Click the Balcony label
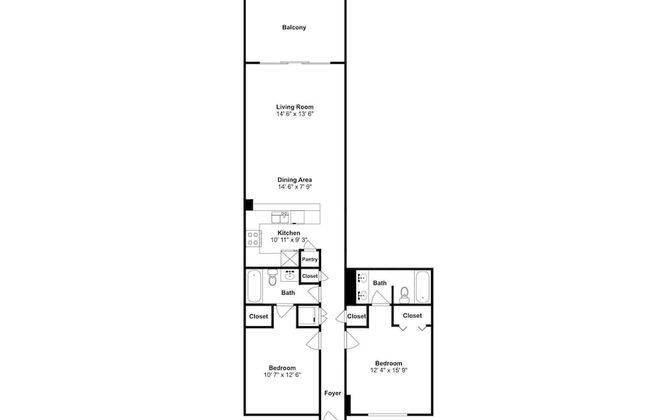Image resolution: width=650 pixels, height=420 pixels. (294, 27)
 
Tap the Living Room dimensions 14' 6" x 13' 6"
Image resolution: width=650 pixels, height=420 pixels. (295, 114)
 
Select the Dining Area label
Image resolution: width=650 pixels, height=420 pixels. (295, 180)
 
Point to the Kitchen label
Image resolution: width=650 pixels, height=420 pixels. (289, 233)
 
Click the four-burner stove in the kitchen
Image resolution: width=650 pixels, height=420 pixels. (253, 238)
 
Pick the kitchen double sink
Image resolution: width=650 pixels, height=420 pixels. (280, 217)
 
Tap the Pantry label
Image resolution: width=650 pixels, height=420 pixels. (310, 260)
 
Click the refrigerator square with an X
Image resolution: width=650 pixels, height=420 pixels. (289, 259)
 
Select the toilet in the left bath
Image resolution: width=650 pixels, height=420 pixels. (272, 277)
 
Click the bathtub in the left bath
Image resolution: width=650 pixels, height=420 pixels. (254, 286)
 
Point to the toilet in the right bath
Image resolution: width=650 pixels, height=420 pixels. (404, 295)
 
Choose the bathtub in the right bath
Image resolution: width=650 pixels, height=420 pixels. (423, 286)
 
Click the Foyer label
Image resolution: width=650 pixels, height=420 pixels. (332, 393)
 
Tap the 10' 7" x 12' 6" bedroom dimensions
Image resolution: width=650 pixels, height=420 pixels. (282, 375)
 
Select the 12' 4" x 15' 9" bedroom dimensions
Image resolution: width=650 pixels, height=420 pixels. (389, 370)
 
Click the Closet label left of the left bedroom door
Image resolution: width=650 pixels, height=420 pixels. (259, 316)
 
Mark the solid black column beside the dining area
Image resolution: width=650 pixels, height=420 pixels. (249, 205)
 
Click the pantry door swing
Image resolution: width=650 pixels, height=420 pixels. (310, 245)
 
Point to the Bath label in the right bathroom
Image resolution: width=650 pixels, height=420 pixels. (380, 283)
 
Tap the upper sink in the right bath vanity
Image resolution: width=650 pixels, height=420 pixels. (362, 277)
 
